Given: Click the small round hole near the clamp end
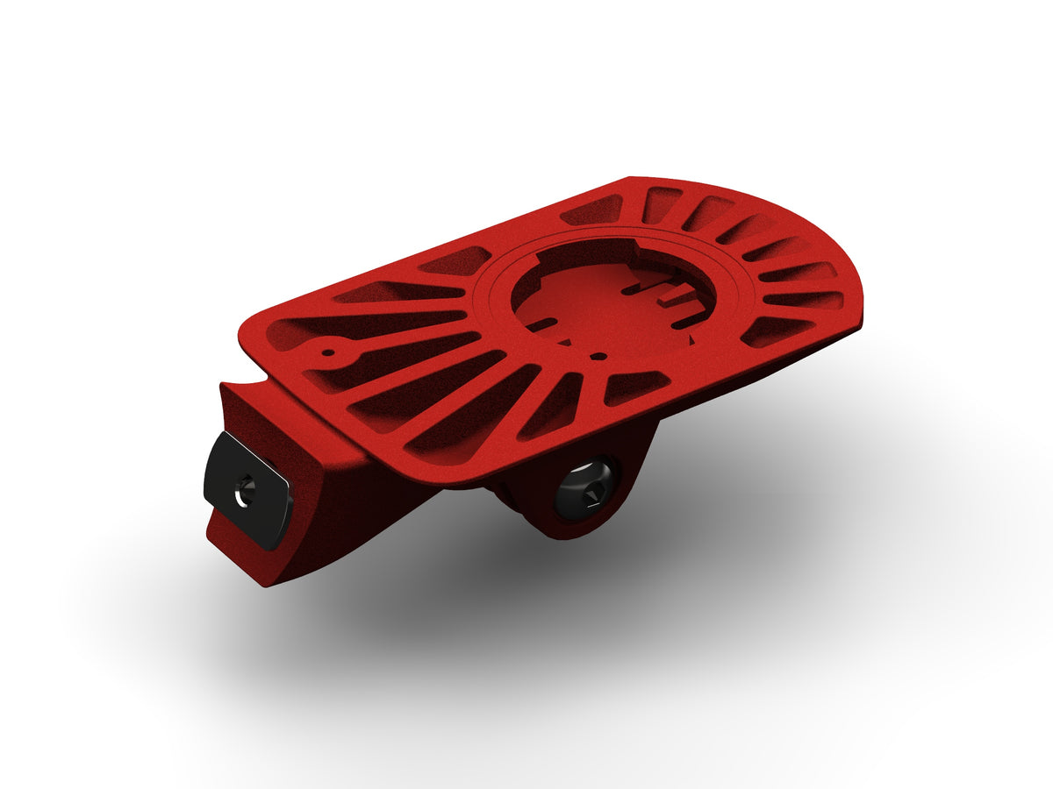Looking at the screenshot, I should [328, 354].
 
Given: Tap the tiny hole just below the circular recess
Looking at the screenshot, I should [597, 357].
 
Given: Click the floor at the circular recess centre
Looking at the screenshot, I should [605, 302].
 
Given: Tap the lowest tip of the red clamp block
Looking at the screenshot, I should [269, 583].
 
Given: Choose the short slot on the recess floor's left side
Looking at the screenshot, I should [541, 324].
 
